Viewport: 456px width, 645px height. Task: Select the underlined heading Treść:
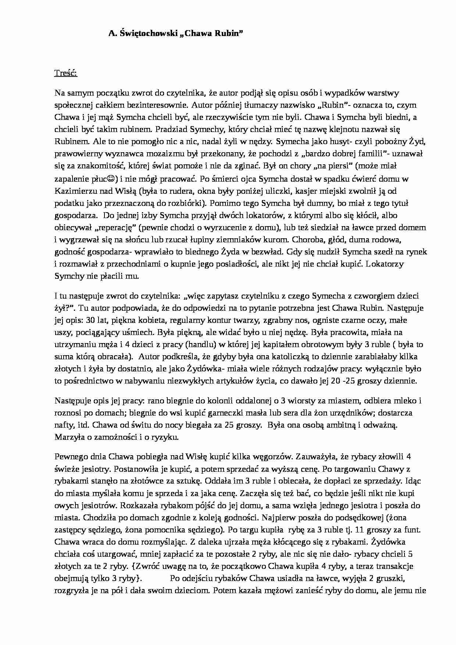tap(66, 73)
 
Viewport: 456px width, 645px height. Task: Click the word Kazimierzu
tap(72, 191)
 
